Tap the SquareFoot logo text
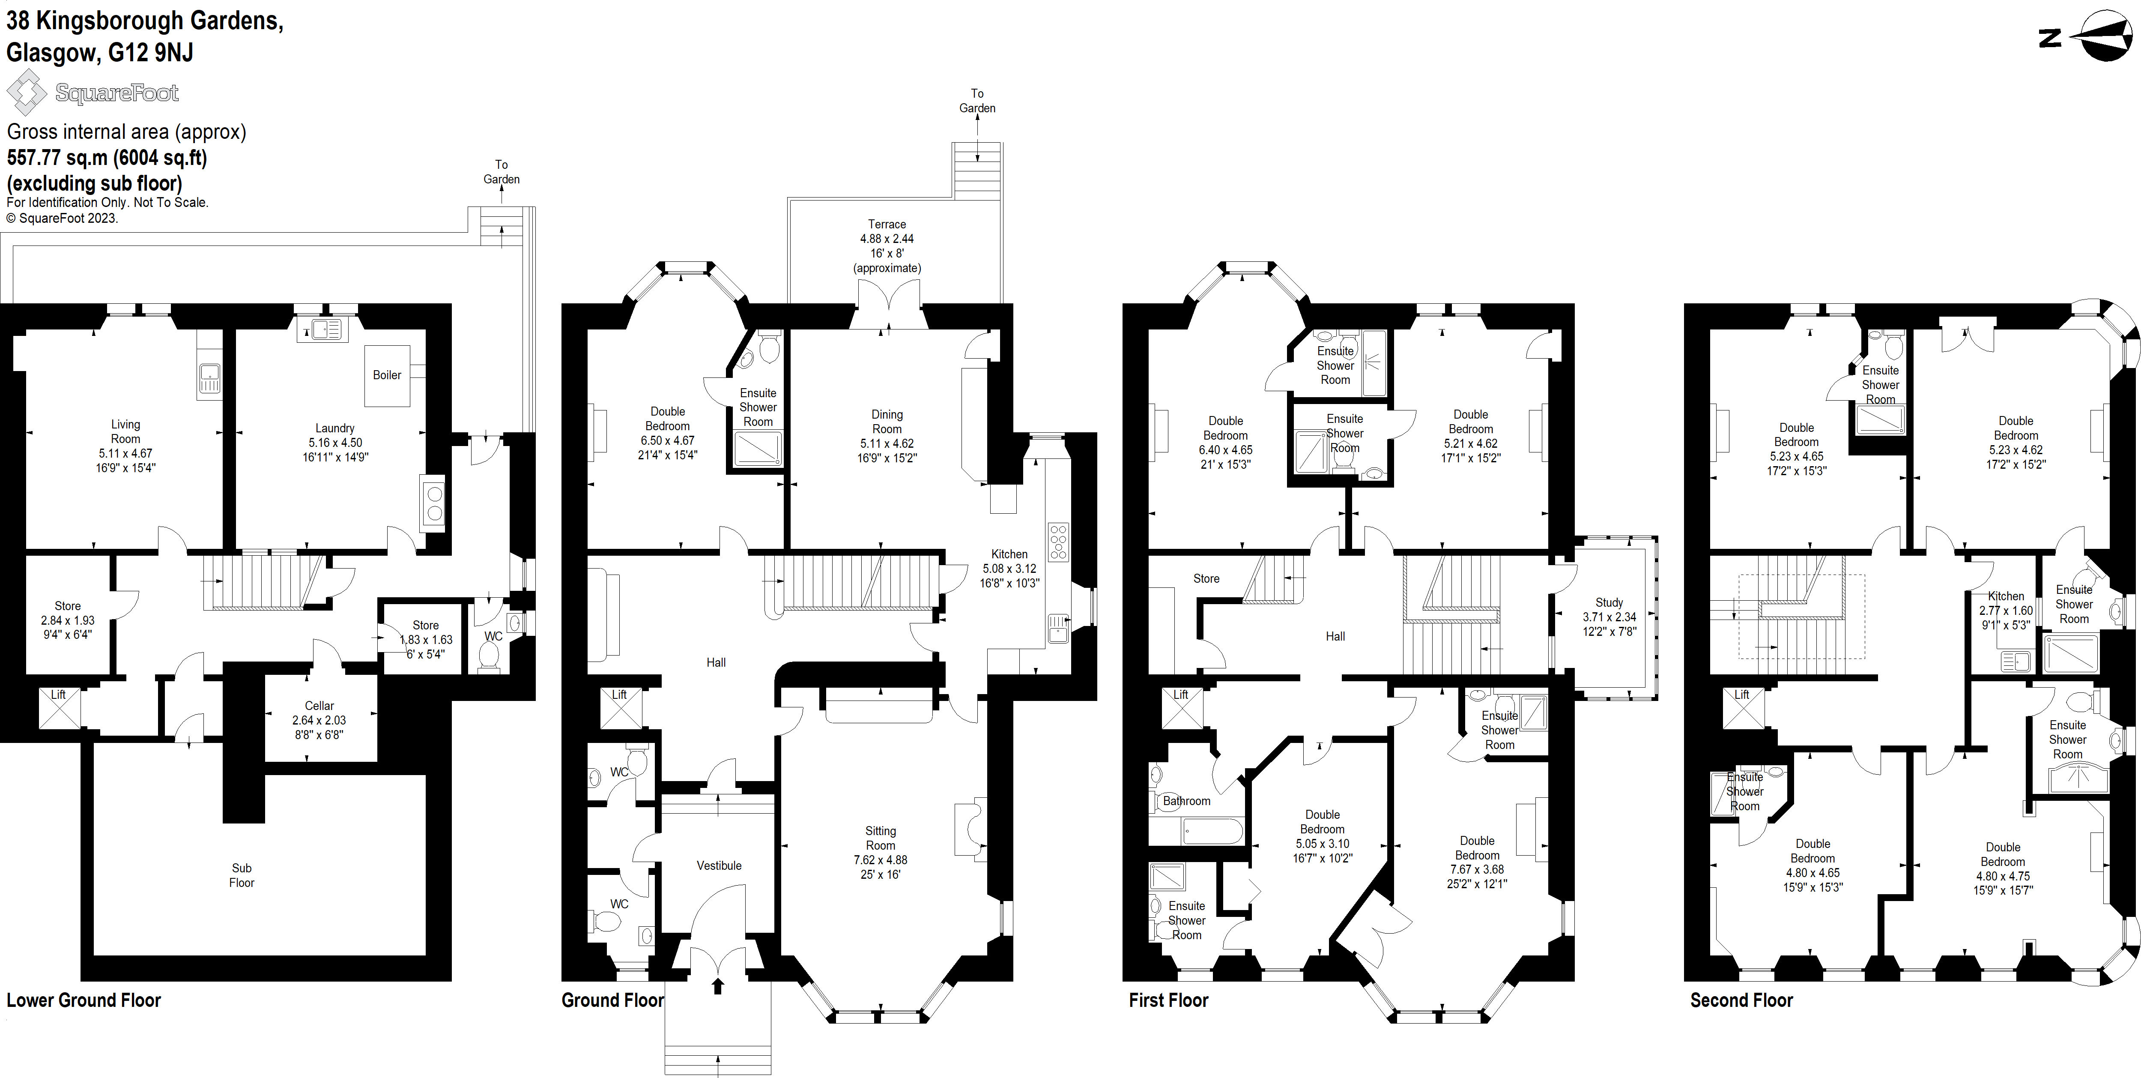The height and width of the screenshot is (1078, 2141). point(116,93)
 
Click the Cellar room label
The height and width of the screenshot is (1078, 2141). point(319,706)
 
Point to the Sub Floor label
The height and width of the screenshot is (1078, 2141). point(241,875)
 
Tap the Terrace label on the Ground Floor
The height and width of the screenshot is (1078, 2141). point(887,225)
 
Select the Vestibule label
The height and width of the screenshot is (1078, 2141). point(719,865)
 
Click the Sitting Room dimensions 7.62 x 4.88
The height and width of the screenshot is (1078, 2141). point(880,860)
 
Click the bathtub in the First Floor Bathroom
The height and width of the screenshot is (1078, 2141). point(1196,830)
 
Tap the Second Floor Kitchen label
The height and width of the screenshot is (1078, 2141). point(2006,596)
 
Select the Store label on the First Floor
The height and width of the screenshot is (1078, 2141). point(1206,578)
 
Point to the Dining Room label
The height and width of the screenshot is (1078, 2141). point(887,422)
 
